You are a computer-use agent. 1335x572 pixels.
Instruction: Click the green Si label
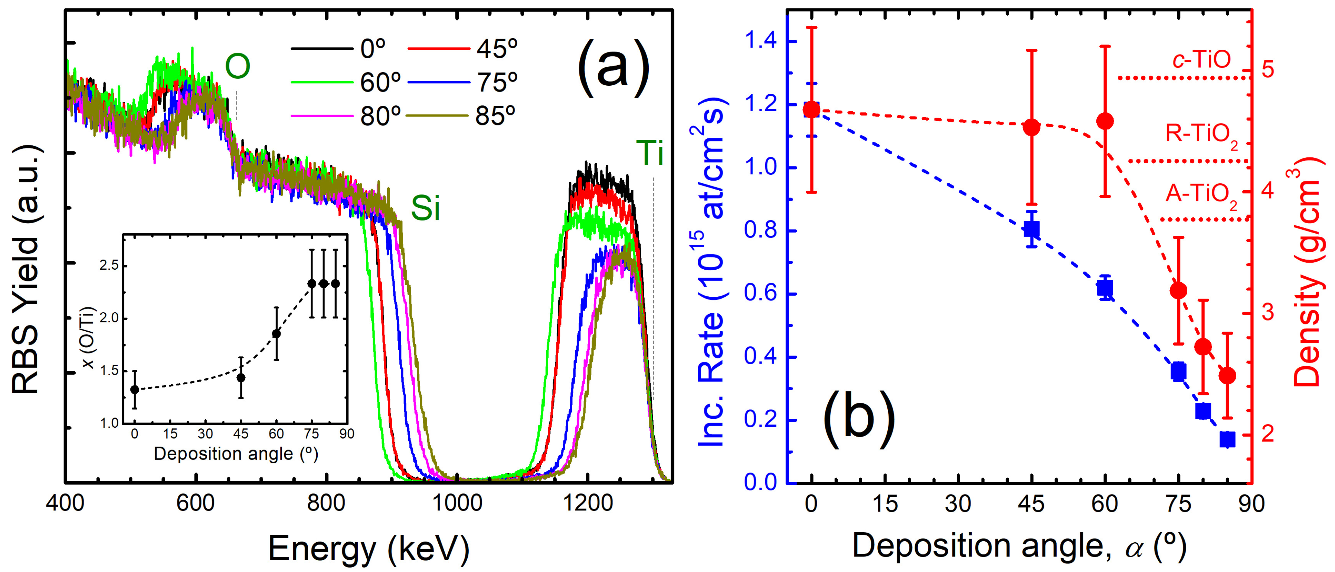[x=425, y=209]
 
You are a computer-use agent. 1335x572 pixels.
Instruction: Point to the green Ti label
[x=650, y=153]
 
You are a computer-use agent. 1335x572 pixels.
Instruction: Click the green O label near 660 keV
[x=238, y=66]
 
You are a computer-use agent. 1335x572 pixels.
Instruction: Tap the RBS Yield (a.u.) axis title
[x=26, y=269]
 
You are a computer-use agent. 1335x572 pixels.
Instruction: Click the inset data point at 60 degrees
[x=276, y=334]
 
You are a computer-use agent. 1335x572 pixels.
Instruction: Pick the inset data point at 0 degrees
[x=135, y=389]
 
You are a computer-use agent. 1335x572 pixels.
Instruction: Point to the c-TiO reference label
[x=1201, y=60]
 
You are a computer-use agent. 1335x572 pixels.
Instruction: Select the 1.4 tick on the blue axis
[x=761, y=41]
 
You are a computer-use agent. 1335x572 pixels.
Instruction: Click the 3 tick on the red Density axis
[x=1267, y=312]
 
